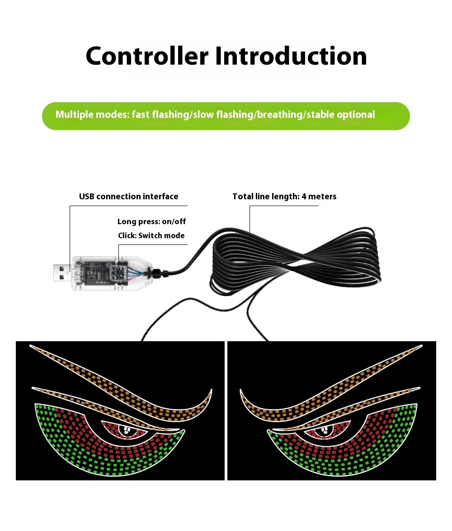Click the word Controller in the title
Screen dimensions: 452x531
coord(147,56)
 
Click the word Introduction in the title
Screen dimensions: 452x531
coord(291,56)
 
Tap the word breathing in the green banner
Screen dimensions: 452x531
coord(280,115)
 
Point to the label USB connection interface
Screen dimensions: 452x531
coord(128,197)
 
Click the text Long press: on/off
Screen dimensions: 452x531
coord(151,221)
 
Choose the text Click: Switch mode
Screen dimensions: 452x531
coord(151,235)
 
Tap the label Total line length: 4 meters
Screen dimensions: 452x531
coord(284,197)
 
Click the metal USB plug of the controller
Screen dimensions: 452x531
coord(62,273)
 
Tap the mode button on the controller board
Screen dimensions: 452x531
coord(118,273)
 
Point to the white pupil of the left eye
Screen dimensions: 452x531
coord(127,431)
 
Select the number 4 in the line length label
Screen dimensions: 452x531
coord(304,197)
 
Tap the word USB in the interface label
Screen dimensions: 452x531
coord(87,197)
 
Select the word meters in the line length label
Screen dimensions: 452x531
coord(322,197)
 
